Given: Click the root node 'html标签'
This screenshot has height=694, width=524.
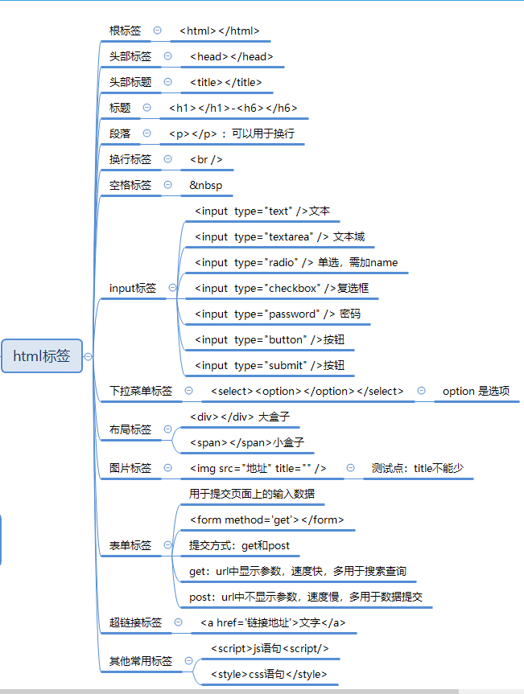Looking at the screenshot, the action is (x=42, y=355).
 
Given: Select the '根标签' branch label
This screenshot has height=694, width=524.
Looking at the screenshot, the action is (x=125, y=31).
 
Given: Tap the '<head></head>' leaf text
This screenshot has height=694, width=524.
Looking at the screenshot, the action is (x=232, y=56).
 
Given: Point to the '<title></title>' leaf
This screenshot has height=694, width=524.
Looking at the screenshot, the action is (x=226, y=82).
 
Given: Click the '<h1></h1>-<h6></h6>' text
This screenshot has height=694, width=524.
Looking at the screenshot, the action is (x=233, y=108).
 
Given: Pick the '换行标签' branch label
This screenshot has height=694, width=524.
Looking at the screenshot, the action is (x=130, y=159).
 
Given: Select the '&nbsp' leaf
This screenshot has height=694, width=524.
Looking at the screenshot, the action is (x=206, y=185).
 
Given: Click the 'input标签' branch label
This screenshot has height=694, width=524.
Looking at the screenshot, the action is (x=133, y=288).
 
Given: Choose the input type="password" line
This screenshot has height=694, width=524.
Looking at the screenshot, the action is (x=278, y=314).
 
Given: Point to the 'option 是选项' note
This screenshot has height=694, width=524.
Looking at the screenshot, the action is (x=476, y=391).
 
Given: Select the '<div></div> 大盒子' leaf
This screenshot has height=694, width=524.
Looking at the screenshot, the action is (x=239, y=417).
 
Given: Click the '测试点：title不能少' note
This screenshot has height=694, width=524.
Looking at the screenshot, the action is (x=418, y=468).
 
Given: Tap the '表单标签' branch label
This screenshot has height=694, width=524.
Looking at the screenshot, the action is (x=130, y=545).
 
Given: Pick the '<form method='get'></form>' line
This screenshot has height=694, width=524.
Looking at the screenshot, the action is (x=266, y=519).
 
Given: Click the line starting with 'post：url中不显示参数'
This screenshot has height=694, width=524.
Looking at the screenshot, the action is (x=306, y=597).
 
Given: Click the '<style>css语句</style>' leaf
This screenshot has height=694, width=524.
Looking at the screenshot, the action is (x=269, y=674).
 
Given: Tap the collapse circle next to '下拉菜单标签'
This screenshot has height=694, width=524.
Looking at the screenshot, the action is (x=189, y=391).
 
